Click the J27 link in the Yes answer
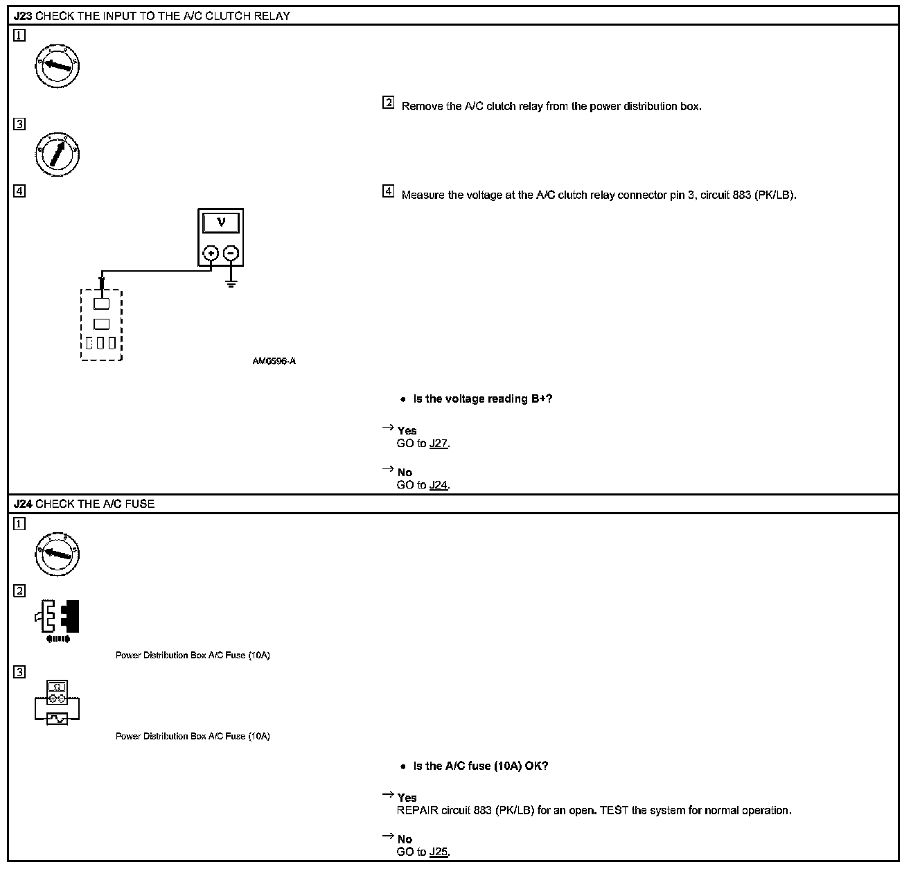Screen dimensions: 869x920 439,444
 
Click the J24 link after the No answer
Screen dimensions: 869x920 439,485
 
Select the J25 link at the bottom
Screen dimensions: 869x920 439,852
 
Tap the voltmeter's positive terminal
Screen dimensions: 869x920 211,254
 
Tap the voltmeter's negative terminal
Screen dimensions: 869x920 231,254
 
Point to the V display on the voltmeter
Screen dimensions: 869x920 221,222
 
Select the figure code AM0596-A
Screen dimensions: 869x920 274,361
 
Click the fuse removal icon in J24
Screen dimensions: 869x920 57,619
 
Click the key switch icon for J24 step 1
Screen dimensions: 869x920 57,554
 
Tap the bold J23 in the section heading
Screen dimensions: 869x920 23,16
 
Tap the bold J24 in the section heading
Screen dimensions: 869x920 23,504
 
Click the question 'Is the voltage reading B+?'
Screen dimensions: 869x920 482,398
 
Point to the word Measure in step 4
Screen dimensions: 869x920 423,195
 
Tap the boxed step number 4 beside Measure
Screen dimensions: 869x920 389,192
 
